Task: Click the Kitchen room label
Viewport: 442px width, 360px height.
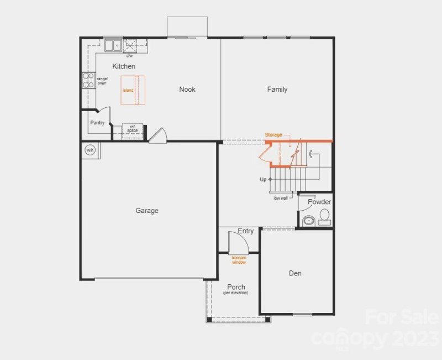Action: coord(124,66)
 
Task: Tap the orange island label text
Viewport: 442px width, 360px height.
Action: coord(128,90)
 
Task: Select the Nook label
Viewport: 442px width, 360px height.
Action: coord(187,89)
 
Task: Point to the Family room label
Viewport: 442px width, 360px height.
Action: coord(277,89)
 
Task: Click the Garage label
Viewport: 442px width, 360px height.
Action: coord(147,210)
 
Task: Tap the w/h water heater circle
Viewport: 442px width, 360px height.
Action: coord(90,149)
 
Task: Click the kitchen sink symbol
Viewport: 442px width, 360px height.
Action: coord(114,45)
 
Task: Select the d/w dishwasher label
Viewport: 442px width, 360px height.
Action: coord(129,56)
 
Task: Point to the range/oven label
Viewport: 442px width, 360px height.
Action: coord(102,81)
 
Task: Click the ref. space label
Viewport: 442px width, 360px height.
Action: coord(133,128)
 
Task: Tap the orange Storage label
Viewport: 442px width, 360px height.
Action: coord(273,135)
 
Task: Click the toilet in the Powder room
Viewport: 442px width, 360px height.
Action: coord(324,216)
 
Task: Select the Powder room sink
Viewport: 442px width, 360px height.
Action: coord(307,221)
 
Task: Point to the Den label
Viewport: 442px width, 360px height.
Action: coord(295,273)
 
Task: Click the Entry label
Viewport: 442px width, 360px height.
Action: coord(246,231)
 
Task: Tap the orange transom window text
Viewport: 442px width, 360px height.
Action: coord(239,260)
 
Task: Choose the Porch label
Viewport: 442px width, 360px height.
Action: coord(236,287)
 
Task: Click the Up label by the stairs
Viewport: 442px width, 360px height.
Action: coord(263,179)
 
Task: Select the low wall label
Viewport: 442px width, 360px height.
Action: coord(280,198)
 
